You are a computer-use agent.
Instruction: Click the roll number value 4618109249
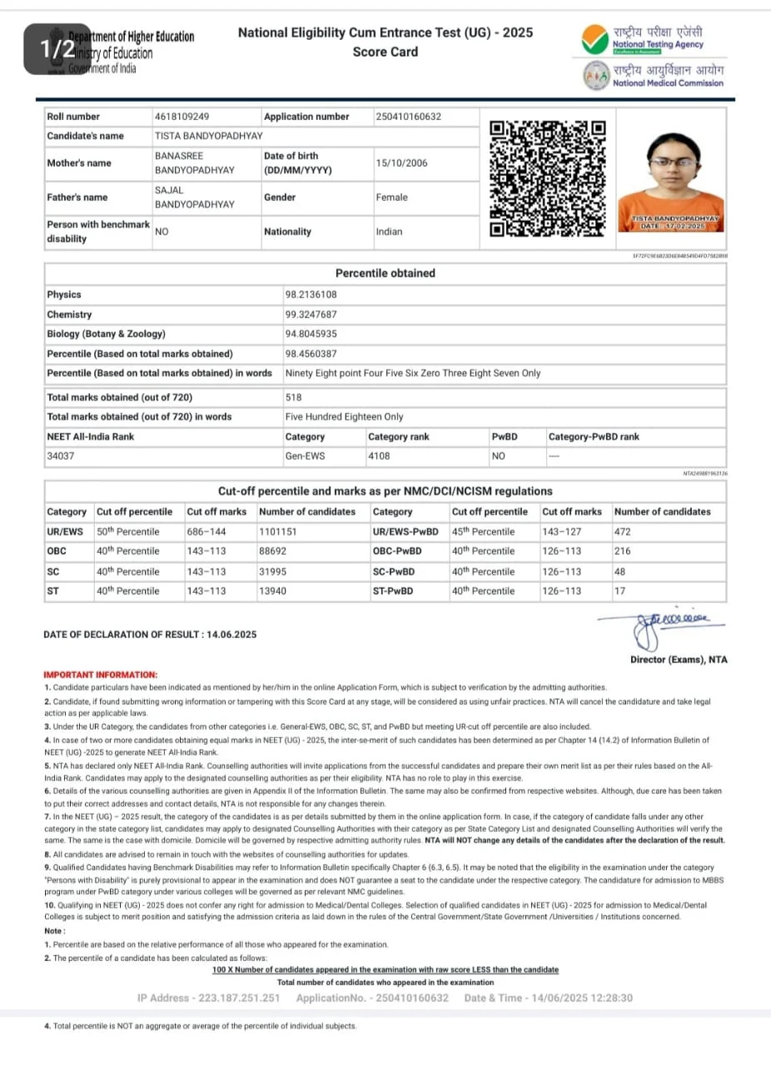click(182, 117)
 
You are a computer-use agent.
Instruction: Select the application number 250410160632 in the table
click(408, 117)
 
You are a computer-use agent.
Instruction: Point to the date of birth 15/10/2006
click(401, 163)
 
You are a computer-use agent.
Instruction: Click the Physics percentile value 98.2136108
click(311, 295)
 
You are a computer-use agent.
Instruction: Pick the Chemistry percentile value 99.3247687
click(311, 315)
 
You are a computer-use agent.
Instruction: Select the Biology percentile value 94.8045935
click(311, 334)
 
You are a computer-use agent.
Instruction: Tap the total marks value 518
click(293, 397)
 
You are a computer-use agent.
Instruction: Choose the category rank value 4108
click(379, 456)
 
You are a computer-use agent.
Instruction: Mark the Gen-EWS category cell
click(305, 456)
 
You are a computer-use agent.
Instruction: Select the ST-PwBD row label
click(393, 591)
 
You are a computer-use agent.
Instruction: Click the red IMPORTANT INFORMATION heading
click(100, 675)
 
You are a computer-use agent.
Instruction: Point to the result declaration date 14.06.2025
click(229, 635)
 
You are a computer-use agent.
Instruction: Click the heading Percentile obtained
click(385, 273)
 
